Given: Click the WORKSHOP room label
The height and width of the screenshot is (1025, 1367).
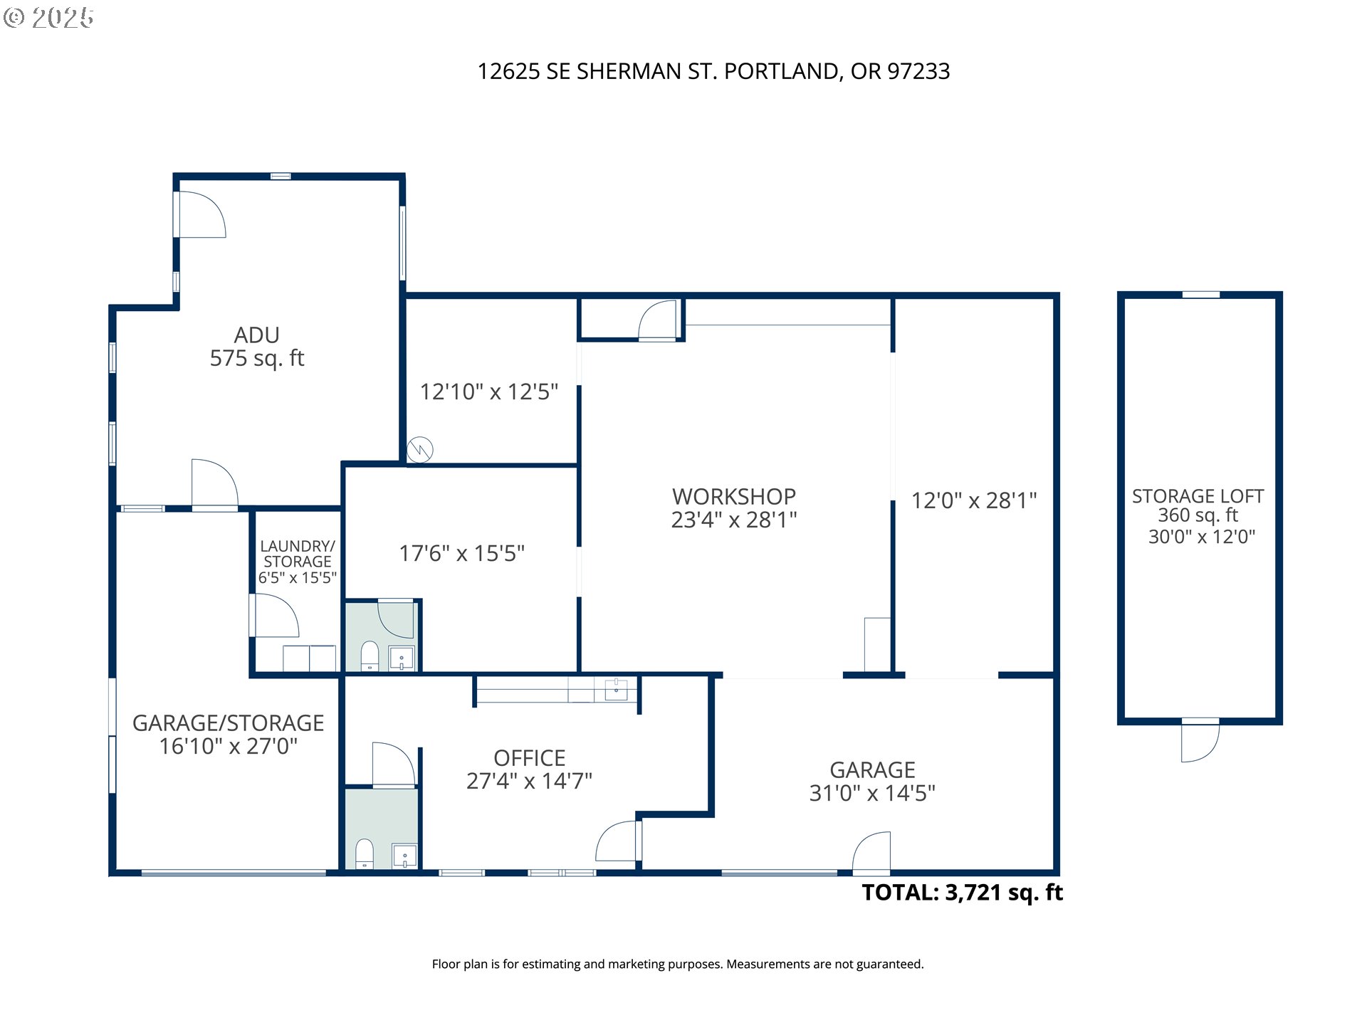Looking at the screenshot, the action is (x=734, y=496).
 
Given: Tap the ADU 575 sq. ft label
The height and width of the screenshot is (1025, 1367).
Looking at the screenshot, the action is (x=257, y=347).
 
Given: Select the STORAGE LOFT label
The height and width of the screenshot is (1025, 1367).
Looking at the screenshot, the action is (x=1198, y=496).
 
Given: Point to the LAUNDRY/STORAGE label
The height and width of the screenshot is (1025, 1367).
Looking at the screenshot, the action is (x=298, y=554).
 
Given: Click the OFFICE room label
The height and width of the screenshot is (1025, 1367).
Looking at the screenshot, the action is (x=530, y=758).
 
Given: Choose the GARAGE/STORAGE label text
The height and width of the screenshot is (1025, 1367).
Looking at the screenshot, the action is (x=229, y=723).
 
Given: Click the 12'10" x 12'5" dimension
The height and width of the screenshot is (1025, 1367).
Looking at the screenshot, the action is (x=489, y=391).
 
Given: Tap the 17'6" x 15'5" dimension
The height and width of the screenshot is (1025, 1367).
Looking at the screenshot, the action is (x=462, y=553).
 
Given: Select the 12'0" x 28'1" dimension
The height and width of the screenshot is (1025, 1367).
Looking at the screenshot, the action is (x=974, y=500).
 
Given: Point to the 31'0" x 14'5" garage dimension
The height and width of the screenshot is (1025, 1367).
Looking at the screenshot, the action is (x=872, y=793).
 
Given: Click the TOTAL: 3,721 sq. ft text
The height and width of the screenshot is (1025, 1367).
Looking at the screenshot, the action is (x=963, y=893).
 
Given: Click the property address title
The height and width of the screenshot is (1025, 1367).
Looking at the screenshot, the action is (x=713, y=71).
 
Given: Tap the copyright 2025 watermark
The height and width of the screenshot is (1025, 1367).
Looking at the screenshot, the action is (x=48, y=18).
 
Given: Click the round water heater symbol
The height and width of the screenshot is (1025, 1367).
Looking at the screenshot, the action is (x=420, y=450).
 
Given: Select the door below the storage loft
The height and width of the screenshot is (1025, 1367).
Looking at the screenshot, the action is (x=1200, y=740).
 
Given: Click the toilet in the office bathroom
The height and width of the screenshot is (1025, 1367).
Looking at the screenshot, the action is (x=365, y=854).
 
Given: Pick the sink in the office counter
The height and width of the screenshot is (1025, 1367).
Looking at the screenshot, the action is (x=616, y=690).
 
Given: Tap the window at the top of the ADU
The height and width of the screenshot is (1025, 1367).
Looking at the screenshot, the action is (x=281, y=177).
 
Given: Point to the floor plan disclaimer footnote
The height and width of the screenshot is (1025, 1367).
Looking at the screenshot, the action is (x=678, y=964).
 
